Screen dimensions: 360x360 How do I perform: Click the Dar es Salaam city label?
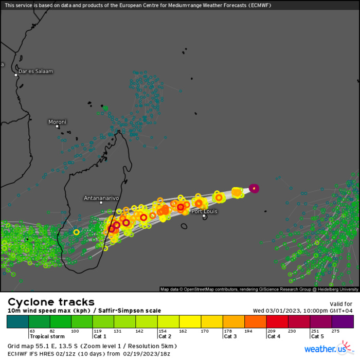coord(35,71)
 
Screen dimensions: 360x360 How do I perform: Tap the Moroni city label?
coord(57,122)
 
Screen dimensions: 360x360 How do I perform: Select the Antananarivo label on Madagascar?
coord(101,197)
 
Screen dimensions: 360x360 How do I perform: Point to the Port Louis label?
coord(204,211)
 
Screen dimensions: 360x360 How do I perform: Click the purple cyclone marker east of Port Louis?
coord(254,188)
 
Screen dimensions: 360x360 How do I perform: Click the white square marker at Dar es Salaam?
coord(16,75)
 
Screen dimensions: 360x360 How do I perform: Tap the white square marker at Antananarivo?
coord(101,203)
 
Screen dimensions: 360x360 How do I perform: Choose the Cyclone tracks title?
coord(51,302)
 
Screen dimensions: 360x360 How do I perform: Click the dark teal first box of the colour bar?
coord(17,321)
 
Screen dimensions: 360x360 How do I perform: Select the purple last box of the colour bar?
coord(343,321)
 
